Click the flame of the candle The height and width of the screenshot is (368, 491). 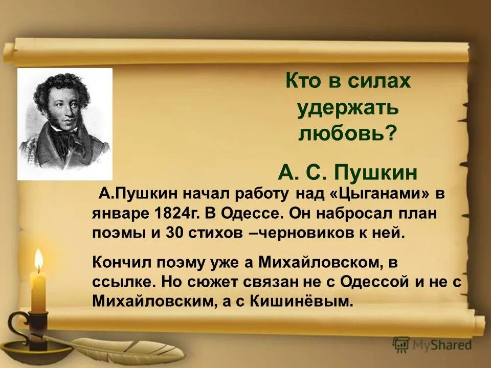(x=38, y=259)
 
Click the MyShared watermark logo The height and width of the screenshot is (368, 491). (x=432, y=345)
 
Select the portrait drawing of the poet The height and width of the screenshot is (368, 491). (x=65, y=124)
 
